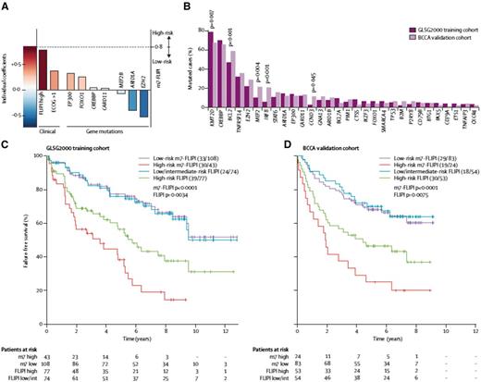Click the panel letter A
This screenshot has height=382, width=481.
click(5, 5)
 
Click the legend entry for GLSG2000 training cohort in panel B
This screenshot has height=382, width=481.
click(426, 11)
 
